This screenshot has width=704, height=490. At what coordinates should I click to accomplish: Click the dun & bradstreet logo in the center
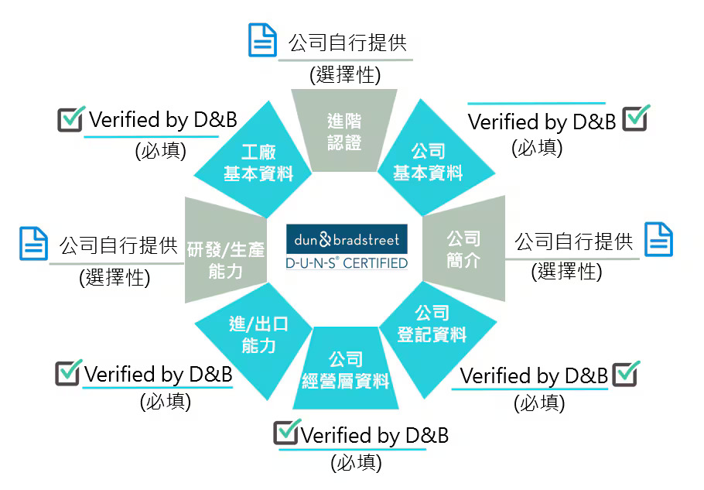[347, 239]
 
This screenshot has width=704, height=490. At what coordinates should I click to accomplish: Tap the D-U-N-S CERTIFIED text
[347, 263]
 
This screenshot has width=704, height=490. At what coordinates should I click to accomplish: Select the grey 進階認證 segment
[344, 130]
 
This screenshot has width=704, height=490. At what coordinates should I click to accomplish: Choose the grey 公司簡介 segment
[464, 248]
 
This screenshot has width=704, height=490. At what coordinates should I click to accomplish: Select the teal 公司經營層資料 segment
[346, 368]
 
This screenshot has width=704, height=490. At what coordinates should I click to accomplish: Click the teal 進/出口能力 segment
[256, 338]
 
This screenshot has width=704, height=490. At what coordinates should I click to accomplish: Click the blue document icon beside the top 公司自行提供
[263, 40]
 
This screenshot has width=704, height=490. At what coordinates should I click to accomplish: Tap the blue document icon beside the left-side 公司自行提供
[34, 244]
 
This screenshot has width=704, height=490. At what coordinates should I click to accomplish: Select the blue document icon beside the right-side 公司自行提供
[658, 239]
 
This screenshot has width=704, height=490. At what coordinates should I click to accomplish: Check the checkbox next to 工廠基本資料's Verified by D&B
[71, 119]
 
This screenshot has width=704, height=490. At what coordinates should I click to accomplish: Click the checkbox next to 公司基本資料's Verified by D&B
[636, 118]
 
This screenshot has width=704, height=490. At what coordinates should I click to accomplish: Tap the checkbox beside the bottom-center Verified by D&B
[287, 432]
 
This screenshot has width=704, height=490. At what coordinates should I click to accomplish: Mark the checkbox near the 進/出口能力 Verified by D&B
[68, 373]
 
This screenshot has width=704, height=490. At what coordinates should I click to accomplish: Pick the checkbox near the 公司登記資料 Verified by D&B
[626, 374]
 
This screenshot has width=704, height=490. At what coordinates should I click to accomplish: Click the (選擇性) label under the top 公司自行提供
[345, 74]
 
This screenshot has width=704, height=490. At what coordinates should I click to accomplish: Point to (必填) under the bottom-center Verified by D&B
[357, 463]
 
